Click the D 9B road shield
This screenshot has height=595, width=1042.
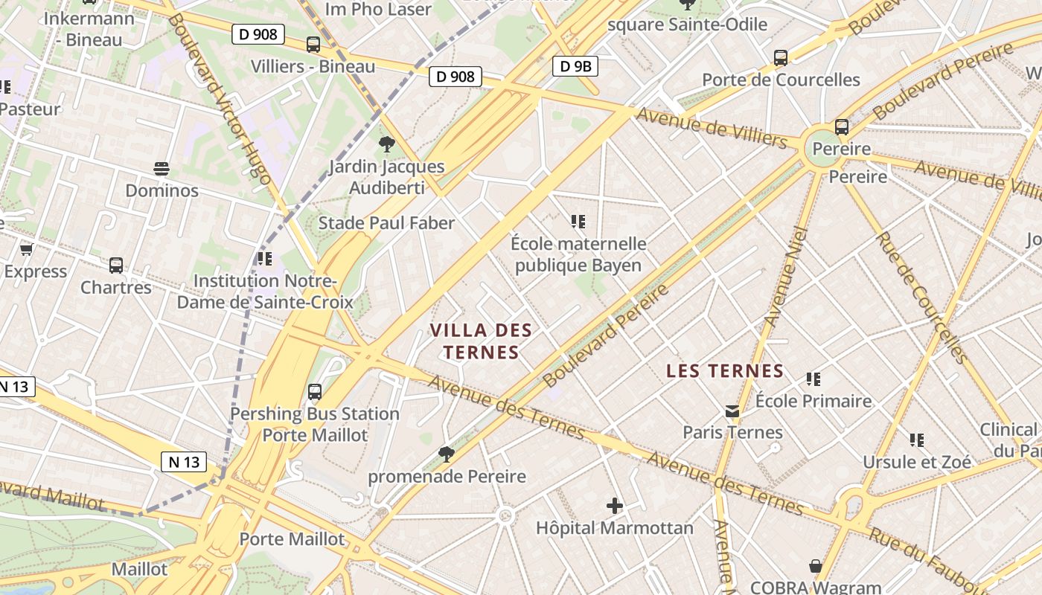click(575, 66)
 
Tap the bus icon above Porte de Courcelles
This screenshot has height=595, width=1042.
click(781, 57)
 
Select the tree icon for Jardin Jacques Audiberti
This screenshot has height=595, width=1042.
click(386, 144)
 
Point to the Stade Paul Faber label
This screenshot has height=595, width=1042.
click(386, 222)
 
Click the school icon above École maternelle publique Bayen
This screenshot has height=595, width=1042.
click(578, 221)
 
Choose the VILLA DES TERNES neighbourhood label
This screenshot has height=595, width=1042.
click(482, 341)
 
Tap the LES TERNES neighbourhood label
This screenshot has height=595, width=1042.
click(725, 370)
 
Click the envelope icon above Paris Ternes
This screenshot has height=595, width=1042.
click(732, 411)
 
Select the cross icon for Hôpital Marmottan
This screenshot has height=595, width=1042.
click(614, 506)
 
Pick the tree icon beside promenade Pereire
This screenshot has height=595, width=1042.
click(447, 454)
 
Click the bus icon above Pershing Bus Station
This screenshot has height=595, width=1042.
click(315, 391)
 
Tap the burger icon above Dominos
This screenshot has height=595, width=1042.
click(162, 168)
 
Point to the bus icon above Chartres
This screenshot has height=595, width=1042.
click(116, 265)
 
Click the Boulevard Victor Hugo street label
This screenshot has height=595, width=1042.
click(219, 97)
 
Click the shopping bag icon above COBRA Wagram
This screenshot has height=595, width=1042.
click(816, 566)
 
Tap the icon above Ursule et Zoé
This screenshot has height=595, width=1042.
click(917, 440)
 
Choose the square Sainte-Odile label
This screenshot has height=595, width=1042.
click(687, 25)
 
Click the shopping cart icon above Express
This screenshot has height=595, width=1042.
click(27, 249)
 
